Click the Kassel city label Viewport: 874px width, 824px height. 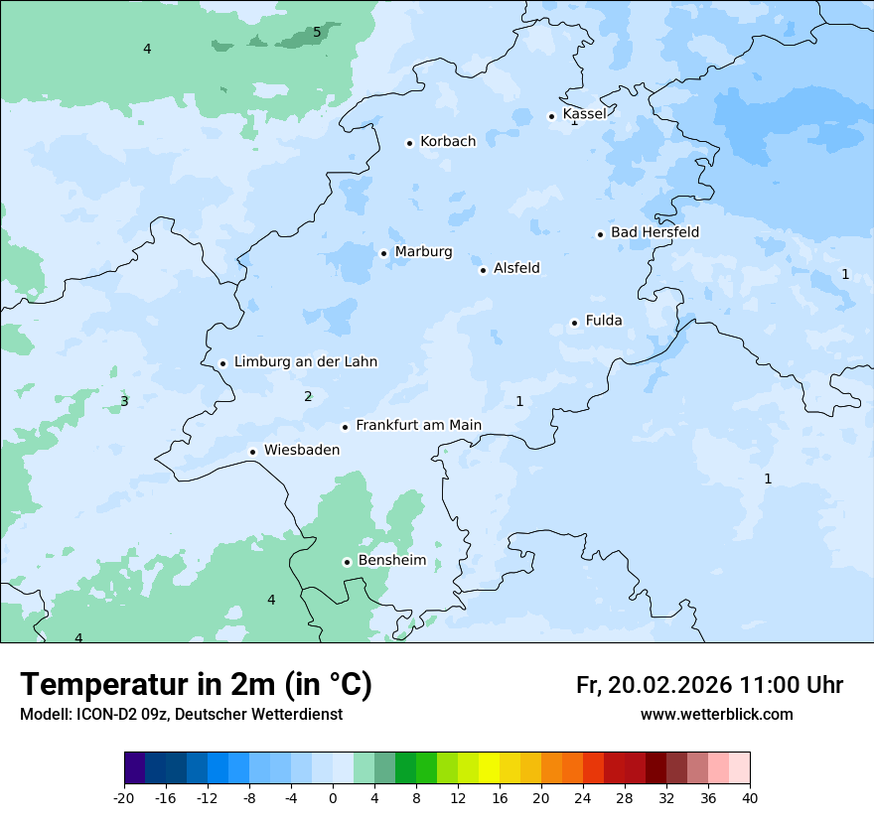click(584, 114)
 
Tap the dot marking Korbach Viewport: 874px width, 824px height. click(409, 143)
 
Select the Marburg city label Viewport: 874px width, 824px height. click(423, 252)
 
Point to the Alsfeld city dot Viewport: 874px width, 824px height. click(483, 270)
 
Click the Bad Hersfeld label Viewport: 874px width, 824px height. click(655, 232)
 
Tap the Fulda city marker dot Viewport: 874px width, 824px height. click(574, 323)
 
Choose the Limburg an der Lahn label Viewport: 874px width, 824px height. click(305, 362)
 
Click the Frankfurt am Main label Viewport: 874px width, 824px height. click(418, 426)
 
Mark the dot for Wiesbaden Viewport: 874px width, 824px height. click(253, 452)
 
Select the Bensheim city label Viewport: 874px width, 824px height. click(391, 561)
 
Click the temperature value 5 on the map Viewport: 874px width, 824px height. click(317, 32)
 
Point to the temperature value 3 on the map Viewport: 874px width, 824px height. click(124, 401)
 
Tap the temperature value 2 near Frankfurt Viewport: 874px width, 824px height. click(308, 396)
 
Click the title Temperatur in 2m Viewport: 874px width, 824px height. click(196, 685)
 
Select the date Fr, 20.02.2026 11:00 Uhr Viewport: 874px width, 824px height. click(709, 685)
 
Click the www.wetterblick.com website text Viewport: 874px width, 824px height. click(716, 715)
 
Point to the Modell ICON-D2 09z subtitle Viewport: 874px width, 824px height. click(181, 715)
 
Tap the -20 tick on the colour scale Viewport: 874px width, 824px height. click(124, 798)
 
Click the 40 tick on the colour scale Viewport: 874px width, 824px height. click(750, 798)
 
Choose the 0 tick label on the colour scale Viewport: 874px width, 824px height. click(333, 798)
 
